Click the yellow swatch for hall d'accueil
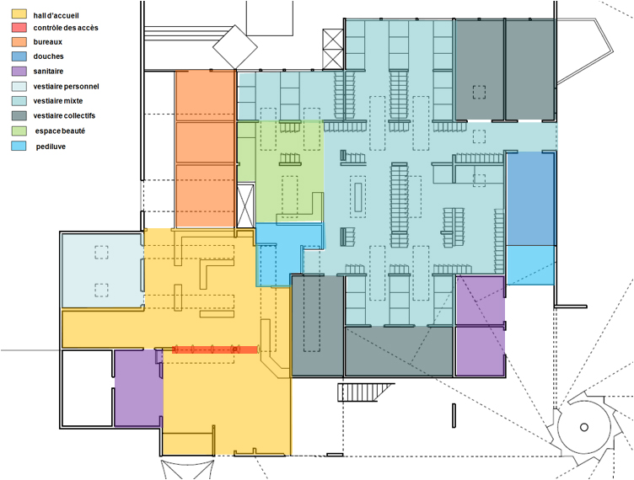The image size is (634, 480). [19, 14]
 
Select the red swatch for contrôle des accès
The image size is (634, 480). [19, 28]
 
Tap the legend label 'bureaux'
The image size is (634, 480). [48, 42]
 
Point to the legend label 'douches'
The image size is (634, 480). [48, 56]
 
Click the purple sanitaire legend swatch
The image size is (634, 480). [19, 71]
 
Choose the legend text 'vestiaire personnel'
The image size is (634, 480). [66, 87]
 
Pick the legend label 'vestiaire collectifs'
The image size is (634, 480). [64, 116]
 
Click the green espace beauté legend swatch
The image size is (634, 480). [19, 131]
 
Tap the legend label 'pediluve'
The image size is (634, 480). [51, 147]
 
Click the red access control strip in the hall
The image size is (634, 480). [215, 349]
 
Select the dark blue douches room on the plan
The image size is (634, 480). [531, 199]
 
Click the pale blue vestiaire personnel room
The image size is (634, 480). [103, 270]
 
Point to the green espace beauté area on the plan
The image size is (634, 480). [289, 172]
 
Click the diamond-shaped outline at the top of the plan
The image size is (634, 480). [235, 47]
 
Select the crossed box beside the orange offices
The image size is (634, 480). [245, 205]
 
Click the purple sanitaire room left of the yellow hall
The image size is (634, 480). [138, 388]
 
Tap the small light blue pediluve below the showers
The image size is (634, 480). [530, 265]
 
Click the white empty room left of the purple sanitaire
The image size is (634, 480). [87, 388]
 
